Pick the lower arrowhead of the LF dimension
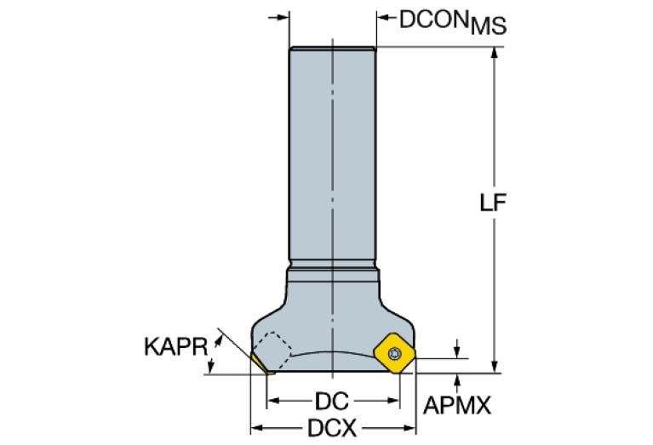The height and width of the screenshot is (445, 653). point(494,367)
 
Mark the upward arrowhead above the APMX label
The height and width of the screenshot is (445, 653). point(459,378)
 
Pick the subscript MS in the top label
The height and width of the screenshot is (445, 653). point(489,27)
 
